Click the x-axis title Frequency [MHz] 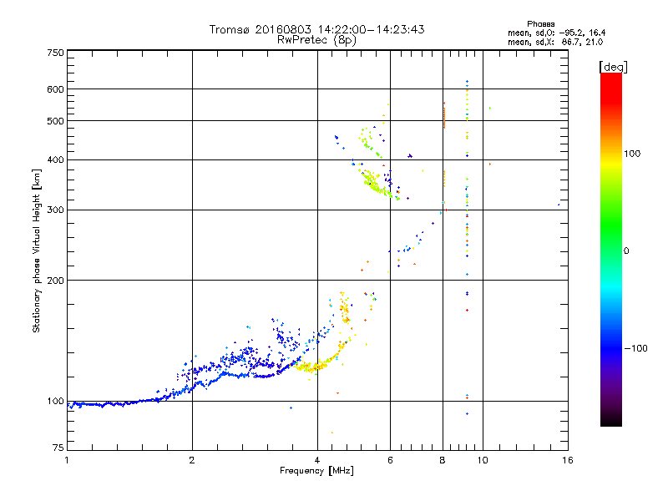click(x=316, y=471)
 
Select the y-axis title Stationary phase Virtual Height click(x=37, y=250)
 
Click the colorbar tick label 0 click(x=628, y=250)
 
